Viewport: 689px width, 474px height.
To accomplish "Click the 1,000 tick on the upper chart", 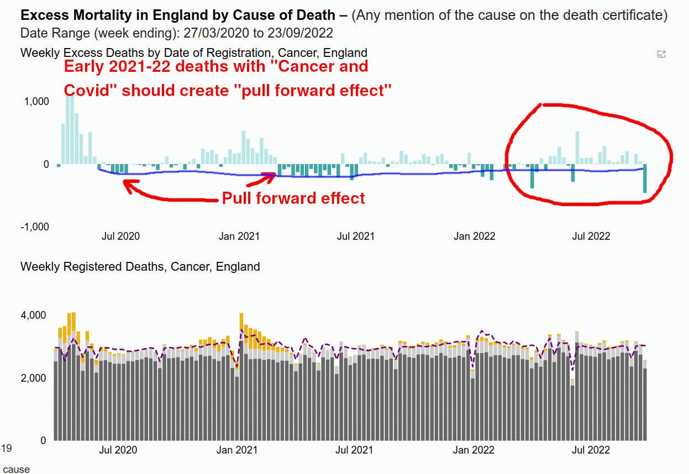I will tap(36, 102).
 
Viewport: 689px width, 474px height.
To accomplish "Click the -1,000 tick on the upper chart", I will tap(34, 227).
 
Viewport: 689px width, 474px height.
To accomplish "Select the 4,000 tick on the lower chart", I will tap(33, 315).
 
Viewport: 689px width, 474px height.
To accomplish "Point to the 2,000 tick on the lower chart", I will tap(33, 378).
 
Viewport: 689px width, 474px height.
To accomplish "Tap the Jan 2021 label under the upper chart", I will tap(239, 236).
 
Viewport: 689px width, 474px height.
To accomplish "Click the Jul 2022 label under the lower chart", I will tap(591, 450).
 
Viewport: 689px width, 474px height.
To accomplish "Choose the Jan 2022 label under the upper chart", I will tap(474, 236).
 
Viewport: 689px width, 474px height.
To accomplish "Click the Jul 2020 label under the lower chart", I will tap(118, 450).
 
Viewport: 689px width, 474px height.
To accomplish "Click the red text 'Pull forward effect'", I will tap(293, 198).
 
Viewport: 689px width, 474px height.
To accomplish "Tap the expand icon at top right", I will tap(661, 54).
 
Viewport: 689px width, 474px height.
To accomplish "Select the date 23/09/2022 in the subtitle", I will tap(305, 33).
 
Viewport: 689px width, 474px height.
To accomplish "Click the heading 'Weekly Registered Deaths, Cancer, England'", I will tap(140, 267).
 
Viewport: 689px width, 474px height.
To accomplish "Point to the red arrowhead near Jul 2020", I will tap(128, 187).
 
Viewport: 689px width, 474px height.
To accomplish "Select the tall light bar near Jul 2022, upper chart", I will tap(577, 147).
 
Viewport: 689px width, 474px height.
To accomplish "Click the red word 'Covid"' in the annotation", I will tap(88, 90).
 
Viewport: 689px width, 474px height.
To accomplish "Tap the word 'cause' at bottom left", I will tap(17, 469).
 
